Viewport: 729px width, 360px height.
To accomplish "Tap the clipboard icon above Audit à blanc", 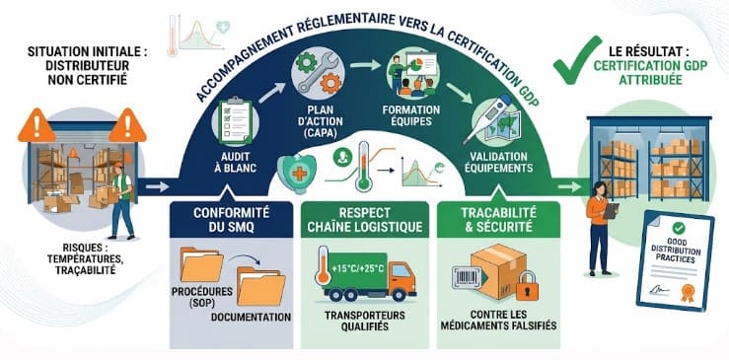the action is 235,121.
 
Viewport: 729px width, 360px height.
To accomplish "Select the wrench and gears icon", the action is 318,73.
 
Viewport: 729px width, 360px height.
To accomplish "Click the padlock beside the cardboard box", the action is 527,285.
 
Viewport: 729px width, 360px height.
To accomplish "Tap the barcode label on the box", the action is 467,278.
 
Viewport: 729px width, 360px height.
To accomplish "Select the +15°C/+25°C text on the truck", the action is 358,268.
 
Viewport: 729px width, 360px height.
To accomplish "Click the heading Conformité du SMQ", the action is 231,220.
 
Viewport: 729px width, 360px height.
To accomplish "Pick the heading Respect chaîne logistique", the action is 364,220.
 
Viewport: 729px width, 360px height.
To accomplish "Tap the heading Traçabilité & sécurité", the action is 498,220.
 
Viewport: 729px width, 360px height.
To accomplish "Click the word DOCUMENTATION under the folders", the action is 252,318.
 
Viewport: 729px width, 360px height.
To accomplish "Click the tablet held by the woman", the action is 611,211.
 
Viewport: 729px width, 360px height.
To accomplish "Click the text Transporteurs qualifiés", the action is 364,321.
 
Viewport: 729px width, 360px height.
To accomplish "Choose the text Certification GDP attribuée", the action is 651,73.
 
